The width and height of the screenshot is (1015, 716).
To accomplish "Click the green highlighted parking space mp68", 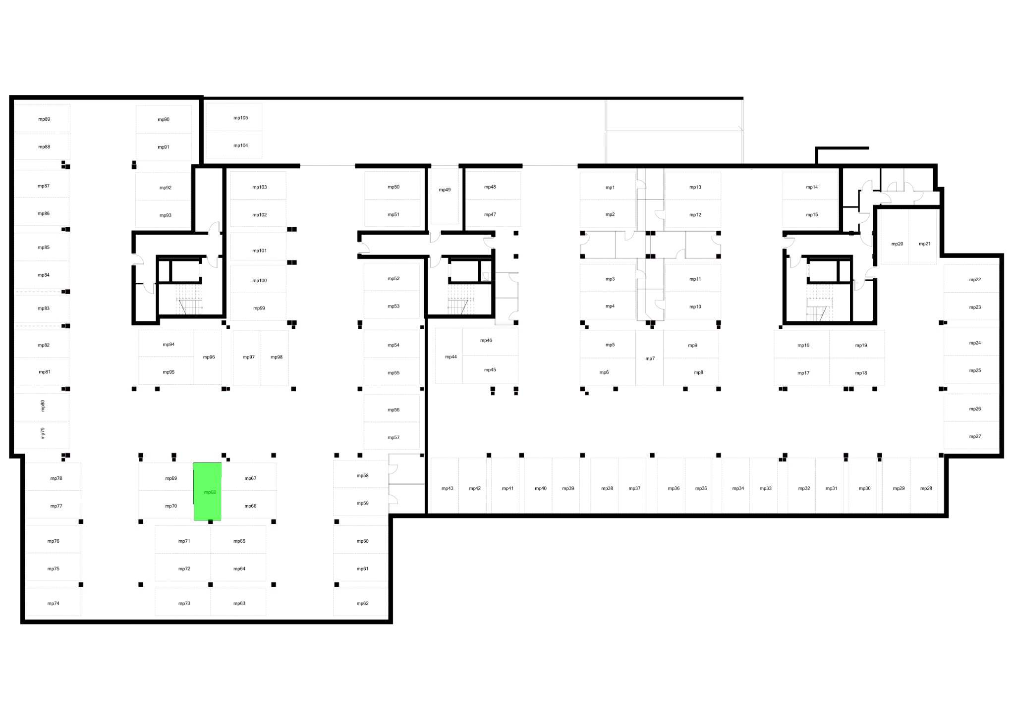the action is coord(207,492).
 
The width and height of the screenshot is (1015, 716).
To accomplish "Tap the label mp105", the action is coord(241,118).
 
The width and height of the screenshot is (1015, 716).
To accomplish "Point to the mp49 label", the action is coord(445,190).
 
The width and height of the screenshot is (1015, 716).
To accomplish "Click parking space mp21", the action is coord(923,236).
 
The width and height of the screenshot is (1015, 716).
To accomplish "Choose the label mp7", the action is coord(650,358).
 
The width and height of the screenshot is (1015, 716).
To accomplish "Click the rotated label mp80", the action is coord(43,406).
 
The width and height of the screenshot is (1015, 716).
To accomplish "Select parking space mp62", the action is coord(361,602).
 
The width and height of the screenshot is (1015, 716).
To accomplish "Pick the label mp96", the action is coord(209,357).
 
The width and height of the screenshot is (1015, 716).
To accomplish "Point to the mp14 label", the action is coord(812,187).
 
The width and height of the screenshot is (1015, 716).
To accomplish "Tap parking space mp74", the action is coord(53,602).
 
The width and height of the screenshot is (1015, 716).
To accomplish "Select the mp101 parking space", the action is coord(258,249).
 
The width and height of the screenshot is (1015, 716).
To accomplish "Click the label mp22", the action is coord(975,280).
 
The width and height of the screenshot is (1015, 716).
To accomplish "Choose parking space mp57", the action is coord(392,436).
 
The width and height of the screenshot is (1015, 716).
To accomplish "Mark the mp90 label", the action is coord(164,119).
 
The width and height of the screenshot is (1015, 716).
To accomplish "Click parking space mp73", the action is coord(183,602).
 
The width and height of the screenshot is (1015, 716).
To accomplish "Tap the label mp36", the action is coord(674,488).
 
